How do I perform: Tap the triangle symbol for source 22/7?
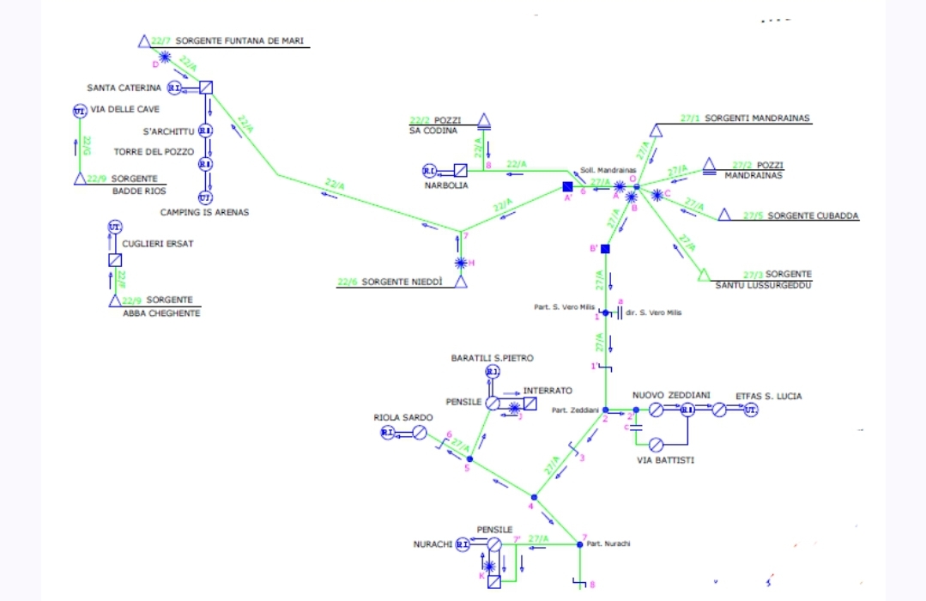tap(143, 41)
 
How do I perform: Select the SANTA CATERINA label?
tap(124, 88)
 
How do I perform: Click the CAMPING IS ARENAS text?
tap(204, 212)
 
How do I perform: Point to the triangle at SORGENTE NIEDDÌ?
tap(461, 282)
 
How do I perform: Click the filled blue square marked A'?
tap(567, 186)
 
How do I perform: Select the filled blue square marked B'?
tap(605, 249)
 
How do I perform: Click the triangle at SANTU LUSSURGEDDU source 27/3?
tap(703, 275)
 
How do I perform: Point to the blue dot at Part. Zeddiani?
tap(605, 410)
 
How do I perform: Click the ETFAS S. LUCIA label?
tap(768, 396)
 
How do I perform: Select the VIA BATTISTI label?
tap(665, 460)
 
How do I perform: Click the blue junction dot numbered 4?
tap(534, 497)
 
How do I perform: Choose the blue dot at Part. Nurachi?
tap(579, 544)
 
